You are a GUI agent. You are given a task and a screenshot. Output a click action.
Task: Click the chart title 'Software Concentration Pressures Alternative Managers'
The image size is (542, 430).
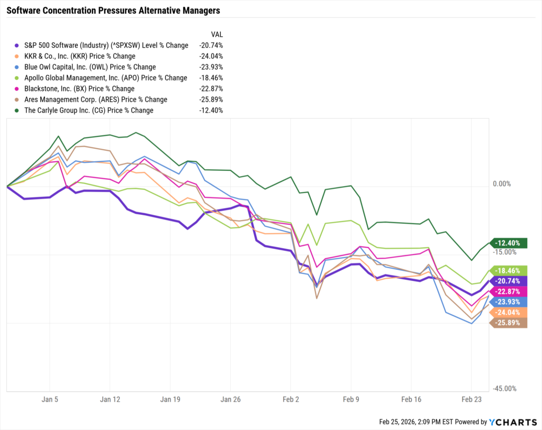pos(113,11)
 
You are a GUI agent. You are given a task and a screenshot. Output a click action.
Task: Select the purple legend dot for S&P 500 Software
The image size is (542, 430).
pos(18,45)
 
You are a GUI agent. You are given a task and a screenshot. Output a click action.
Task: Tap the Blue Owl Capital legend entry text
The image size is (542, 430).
pos(90,67)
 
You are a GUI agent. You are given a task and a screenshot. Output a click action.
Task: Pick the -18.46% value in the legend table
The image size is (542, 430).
pos(211,78)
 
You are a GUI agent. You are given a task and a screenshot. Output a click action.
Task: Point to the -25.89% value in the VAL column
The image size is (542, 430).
pos(211,99)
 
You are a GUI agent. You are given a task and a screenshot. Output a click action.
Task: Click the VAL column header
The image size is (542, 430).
pos(216,34)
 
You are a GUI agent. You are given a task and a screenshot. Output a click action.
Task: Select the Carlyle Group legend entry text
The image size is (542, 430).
pos(89,111)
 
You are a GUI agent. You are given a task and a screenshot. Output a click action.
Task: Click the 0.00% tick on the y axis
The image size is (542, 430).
pos(501,184)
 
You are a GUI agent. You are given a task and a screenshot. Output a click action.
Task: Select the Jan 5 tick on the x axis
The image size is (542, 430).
pos(50,399)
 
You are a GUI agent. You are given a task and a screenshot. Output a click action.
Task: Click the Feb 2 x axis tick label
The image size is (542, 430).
pos(291,399)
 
